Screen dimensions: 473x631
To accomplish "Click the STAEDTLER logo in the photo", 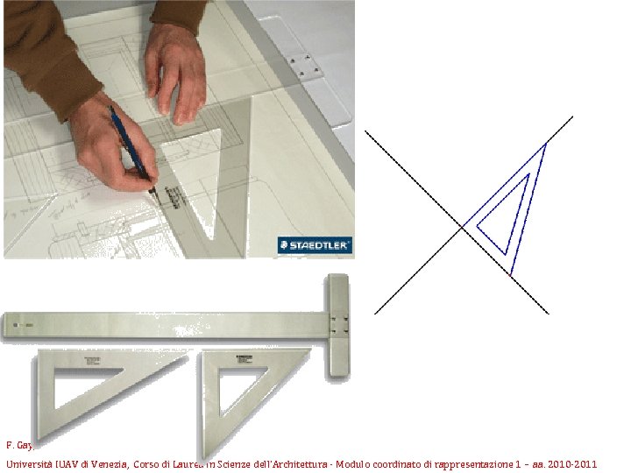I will (315, 245).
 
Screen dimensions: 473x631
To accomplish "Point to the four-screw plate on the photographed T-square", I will (302, 64).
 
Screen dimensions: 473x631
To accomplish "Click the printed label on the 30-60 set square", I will (92, 361).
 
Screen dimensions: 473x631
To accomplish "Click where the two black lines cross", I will (463, 228).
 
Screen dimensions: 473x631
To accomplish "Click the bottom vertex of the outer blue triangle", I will (511, 274).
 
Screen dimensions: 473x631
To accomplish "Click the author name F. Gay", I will (16, 445).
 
